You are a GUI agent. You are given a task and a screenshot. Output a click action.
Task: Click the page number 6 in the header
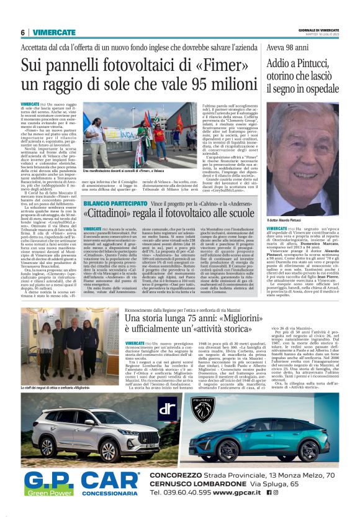coord(23,32)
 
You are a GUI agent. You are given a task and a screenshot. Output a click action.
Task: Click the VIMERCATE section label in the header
coord(55,32)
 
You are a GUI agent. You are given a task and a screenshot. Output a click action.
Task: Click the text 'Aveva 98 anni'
coord(287,47)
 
